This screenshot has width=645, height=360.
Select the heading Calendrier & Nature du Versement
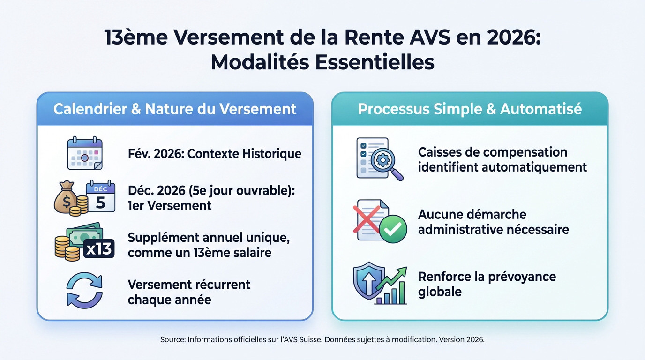tap(175, 109)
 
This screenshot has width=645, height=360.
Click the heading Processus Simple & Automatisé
tap(470, 109)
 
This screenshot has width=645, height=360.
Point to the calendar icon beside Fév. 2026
tap(85, 153)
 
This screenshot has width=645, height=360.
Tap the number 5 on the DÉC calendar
tap(101, 202)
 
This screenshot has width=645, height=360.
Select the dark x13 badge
tap(99, 248)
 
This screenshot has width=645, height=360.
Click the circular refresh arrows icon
tap(84, 291)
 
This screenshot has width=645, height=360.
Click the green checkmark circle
tap(392, 228)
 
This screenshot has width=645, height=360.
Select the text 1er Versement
tap(170, 205)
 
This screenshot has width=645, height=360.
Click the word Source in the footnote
tap(172, 339)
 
